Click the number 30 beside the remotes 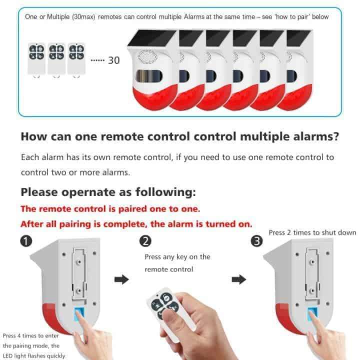pyautogui.click(x=113, y=60)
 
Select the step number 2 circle pyautogui.click(x=144, y=241)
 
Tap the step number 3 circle pyautogui.click(x=256, y=241)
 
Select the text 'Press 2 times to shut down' pyautogui.click(x=312, y=232)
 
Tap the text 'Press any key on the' pyautogui.click(x=177, y=257)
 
